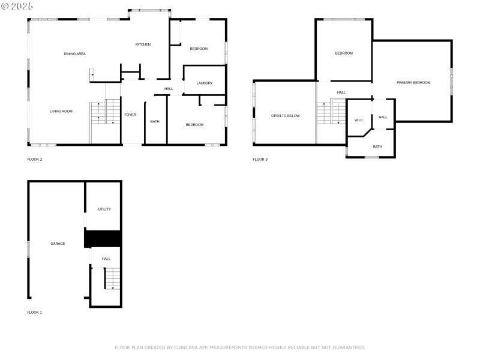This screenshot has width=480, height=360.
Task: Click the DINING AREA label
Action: [x=74, y=54]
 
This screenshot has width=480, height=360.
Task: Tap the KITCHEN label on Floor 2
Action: [x=143, y=44]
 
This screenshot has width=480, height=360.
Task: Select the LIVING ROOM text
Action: [x=61, y=111]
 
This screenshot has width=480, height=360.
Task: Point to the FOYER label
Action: [x=130, y=115]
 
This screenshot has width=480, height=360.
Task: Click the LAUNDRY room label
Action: [x=205, y=83]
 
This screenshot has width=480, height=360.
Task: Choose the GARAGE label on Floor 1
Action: [x=58, y=244]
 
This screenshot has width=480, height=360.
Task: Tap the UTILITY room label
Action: [x=104, y=209]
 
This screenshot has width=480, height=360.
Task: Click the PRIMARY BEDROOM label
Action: [x=413, y=82]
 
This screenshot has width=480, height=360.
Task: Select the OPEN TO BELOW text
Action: [x=285, y=116]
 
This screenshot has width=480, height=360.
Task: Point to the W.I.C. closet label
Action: [x=359, y=120]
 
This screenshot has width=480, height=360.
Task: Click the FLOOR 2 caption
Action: [x=35, y=160]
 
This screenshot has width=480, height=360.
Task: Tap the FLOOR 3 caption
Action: [x=260, y=160]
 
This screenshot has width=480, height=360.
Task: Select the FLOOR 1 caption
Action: [x=35, y=313]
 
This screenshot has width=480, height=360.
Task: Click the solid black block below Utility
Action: [x=103, y=239]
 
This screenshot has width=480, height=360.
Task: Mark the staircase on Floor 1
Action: [x=112, y=278]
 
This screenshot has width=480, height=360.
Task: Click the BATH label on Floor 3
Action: [x=377, y=147]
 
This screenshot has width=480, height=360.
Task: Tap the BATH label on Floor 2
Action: [x=155, y=122]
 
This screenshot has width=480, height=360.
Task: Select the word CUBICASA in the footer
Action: [x=186, y=347]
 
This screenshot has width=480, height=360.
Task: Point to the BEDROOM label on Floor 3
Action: [x=344, y=53]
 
